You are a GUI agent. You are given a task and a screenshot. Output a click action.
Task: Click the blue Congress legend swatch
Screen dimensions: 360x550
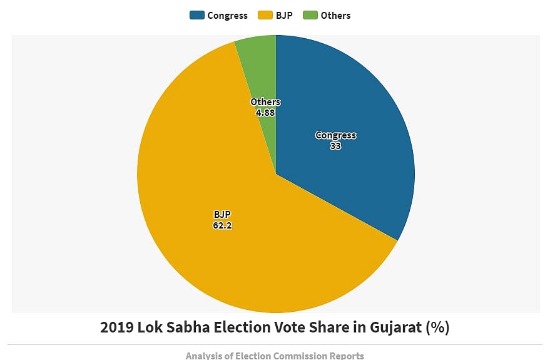(x=197, y=16)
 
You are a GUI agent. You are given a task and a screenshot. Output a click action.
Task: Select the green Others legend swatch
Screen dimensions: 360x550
(x=310, y=16)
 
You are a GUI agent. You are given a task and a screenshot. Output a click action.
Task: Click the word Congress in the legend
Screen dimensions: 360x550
(x=227, y=16)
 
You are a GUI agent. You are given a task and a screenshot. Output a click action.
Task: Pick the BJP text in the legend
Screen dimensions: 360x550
(x=283, y=16)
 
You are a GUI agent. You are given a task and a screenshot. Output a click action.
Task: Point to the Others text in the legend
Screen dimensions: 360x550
(x=335, y=16)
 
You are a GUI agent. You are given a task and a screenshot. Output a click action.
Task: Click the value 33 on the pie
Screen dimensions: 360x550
(x=335, y=146)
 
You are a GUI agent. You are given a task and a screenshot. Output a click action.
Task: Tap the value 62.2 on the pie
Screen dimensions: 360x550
(x=222, y=225)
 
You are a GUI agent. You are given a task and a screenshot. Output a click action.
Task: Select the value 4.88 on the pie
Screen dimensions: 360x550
(x=265, y=113)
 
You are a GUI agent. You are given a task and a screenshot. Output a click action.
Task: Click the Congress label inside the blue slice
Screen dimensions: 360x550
(x=335, y=135)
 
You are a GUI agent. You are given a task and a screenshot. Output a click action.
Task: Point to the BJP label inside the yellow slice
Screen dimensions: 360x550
(x=222, y=215)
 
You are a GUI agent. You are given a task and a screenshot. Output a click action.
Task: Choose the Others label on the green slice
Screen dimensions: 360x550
(x=265, y=102)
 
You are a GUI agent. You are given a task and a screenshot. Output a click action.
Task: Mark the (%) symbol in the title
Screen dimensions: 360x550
(x=437, y=327)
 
